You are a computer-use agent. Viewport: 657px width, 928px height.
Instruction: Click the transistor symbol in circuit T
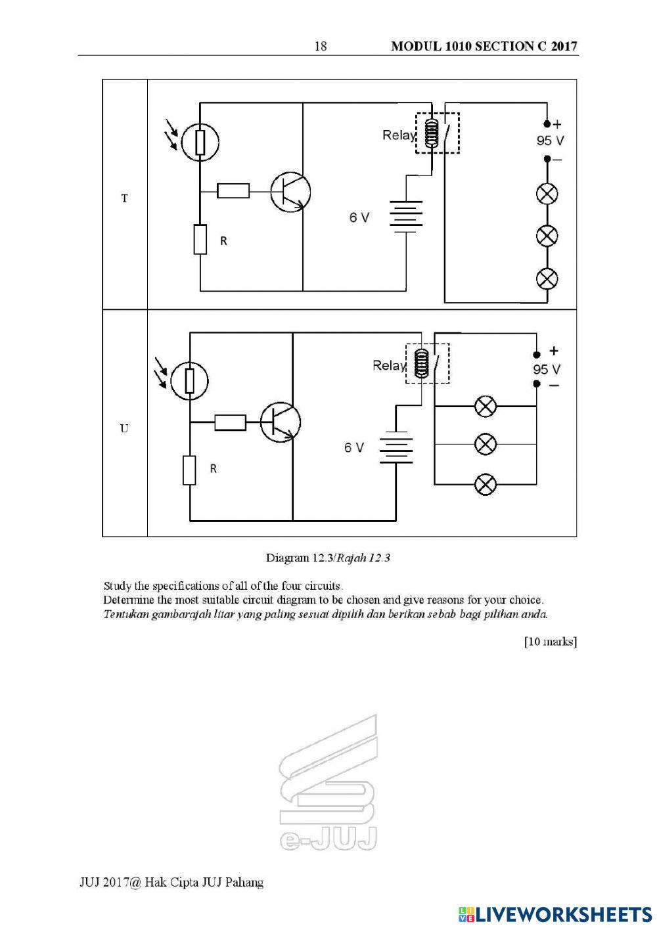[x=290, y=192]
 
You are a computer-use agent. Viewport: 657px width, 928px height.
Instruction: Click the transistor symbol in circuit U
[x=280, y=422]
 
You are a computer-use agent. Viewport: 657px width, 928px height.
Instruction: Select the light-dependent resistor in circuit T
[x=200, y=142]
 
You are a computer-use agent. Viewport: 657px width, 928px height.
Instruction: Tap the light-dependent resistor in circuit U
[x=190, y=381]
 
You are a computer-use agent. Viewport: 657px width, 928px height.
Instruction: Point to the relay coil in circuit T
[x=431, y=133]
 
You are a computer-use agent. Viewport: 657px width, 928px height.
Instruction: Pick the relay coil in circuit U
[x=421, y=363]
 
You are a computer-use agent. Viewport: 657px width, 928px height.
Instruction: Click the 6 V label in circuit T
[x=359, y=217]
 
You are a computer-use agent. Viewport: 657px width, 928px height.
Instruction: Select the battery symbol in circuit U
[x=396, y=447]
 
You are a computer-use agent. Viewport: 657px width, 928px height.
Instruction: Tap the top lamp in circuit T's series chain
[x=547, y=194]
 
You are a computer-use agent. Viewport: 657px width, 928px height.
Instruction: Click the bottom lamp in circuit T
[x=547, y=278]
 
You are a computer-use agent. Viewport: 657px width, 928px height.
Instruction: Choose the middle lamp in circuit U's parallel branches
[x=485, y=445]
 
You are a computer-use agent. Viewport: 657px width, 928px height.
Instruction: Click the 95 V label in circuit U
[x=547, y=369]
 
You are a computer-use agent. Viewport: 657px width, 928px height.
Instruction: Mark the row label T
[x=124, y=198]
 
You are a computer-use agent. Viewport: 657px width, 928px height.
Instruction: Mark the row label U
[x=124, y=428]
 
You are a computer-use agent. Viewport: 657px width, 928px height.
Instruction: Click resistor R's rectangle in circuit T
[x=200, y=240]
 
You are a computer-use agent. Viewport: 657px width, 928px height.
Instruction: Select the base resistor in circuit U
[x=230, y=422]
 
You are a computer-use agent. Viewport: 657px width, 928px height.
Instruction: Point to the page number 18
[x=321, y=46]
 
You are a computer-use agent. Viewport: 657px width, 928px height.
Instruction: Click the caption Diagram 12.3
[x=300, y=558]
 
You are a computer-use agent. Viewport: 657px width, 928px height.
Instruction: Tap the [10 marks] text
[x=551, y=642]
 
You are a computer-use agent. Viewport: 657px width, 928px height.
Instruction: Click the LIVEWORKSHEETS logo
[x=555, y=914]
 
